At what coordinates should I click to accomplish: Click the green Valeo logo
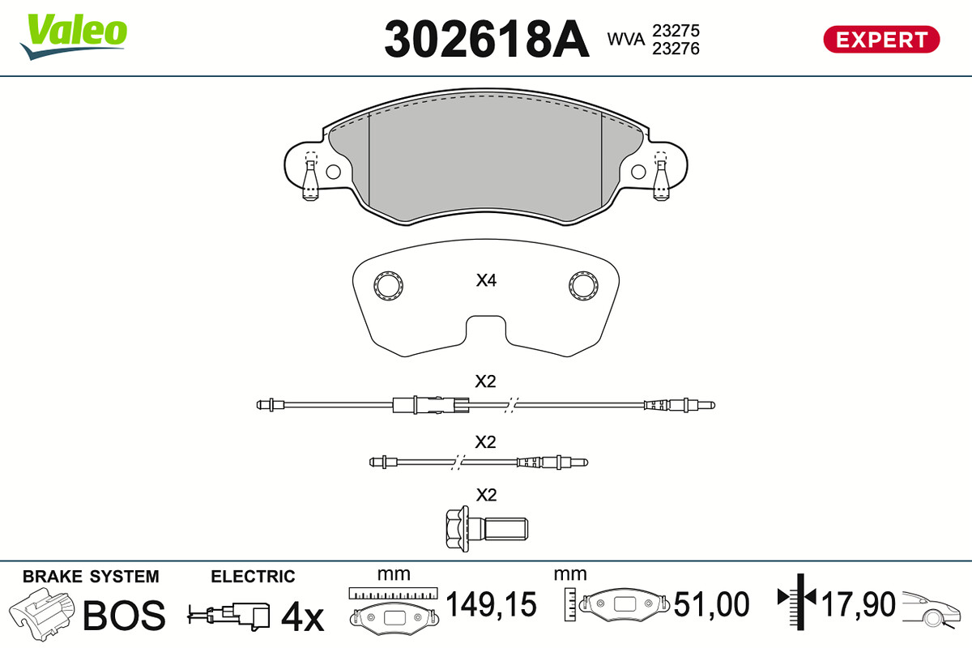pyautogui.click(x=74, y=36)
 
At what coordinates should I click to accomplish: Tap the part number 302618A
pyautogui.click(x=487, y=39)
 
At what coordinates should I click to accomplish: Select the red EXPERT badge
pyautogui.click(x=881, y=40)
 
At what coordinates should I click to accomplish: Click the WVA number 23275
pyautogui.click(x=676, y=31)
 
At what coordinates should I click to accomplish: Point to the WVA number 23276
pyautogui.click(x=676, y=49)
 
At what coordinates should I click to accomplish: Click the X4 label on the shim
pyautogui.click(x=486, y=280)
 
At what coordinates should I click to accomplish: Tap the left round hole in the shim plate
pyautogui.click(x=388, y=286)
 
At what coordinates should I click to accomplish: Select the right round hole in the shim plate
pyautogui.click(x=584, y=286)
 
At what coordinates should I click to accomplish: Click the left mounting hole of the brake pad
pyautogui.click(x=333, y=172)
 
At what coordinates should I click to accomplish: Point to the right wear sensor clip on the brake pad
pyautogui.click(x=661, y=177)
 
